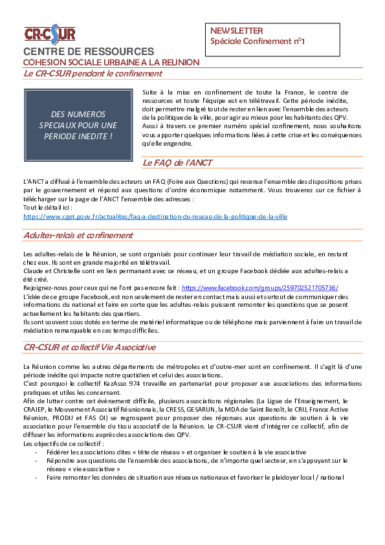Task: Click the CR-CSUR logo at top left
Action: pyautogui.click(x=50, y=34)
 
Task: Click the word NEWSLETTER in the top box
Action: pyautogui.click(x=237, y=30)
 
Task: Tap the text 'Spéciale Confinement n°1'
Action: pyautogui.click(x=258, y=41)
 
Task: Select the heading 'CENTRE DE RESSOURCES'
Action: pyautogui.click(x=89, y=51)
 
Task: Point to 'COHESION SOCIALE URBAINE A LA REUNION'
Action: pyautogui.click(x=111, y=63)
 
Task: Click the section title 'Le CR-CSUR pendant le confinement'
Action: pyautogui.click(x=93, y=74)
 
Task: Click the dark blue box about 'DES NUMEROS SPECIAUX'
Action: pyautogui.click(x=78, y=125)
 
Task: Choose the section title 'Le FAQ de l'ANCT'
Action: pyautogui.click(x=177, y=162)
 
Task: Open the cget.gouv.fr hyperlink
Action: pyautogui.click(x=155, y=217)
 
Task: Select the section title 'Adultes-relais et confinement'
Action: pyautogui.click(x=78, y=236)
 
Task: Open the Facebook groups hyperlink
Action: pyautogui.click(x=260, y=288)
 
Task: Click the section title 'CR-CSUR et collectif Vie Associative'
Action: pyautogui.click(x=90, y=347)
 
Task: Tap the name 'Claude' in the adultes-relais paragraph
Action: pyautogui.click(x=32, y=271)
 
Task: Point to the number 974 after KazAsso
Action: pyautogui.click(x=135, y=384)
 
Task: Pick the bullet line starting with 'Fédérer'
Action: pyautogui.click(x=176, y=452)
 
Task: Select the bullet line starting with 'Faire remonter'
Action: pyautogui.click(x=195, y=478)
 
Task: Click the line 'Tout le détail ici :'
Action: pyautogui.click(x=48, y=208)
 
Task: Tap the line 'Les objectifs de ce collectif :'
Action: pyautogui.click(x=63, y=444)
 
